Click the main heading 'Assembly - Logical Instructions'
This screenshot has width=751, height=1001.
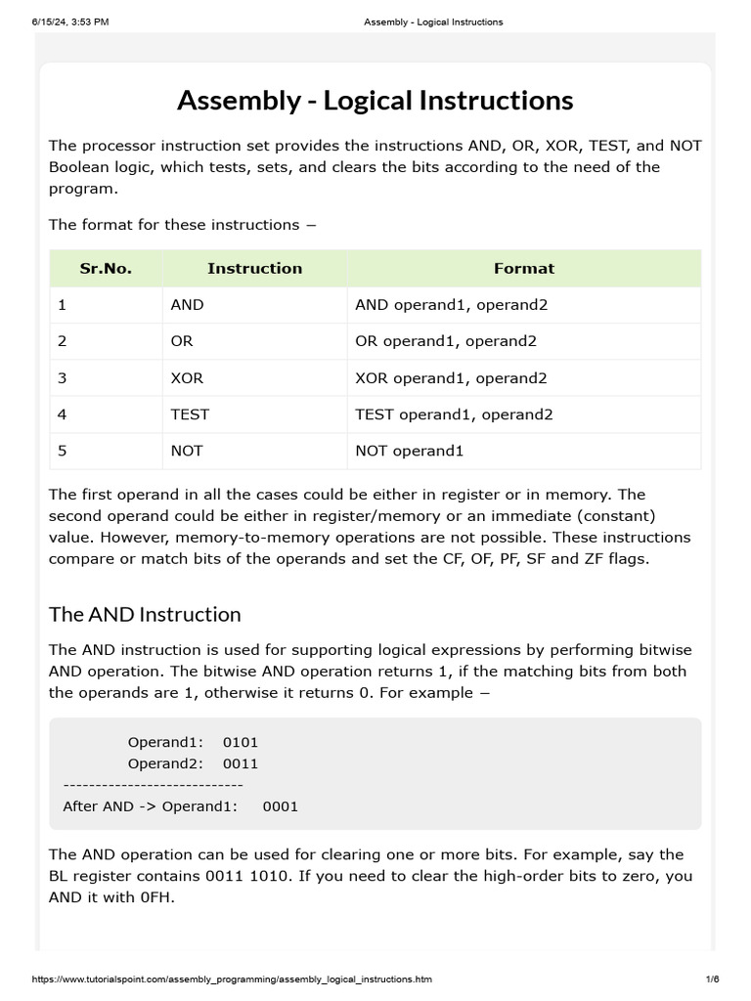tap(375, 101)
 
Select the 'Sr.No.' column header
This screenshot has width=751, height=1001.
tap(106, 268)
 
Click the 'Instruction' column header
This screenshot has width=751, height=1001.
tap(254, 268)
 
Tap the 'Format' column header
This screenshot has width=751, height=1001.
tap(524, 268)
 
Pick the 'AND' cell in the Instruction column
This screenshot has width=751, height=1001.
tap(187, 305)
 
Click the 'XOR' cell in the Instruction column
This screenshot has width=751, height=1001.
tap(187, 378)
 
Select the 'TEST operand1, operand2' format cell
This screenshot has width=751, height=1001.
tap(454, 414)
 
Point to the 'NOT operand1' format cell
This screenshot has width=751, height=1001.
tap(409, 451)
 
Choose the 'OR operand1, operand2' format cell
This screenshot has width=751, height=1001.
tap(446, 341)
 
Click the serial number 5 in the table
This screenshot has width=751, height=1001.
tap(63, 451)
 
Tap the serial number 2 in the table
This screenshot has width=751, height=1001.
tap(63, 341)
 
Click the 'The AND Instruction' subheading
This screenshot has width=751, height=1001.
tap(145, 614)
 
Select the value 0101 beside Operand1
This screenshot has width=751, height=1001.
tap(241, 742)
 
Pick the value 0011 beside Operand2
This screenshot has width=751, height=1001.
tap(241, 763)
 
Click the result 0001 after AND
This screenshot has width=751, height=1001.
tap(281, 806)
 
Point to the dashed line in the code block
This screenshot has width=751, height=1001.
tap(153, 785)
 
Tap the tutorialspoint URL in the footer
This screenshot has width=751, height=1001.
tap(232, 979)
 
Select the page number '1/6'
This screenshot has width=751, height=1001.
tap(712, 979)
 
